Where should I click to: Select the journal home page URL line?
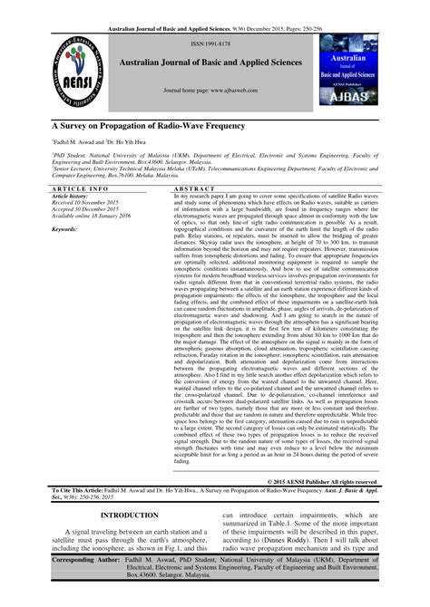215,92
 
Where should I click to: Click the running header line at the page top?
215,7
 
